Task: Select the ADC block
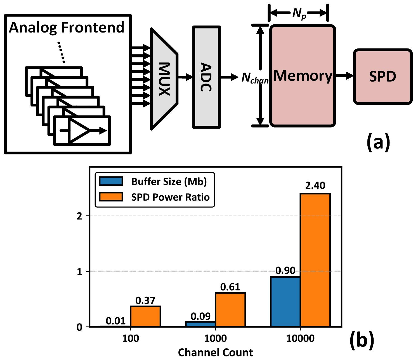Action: point(206,77)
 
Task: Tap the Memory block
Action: point(303,76)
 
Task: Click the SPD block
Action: point(383,76)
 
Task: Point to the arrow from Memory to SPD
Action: point(344,75)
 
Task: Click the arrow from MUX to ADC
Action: point(185,77)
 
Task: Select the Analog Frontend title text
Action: point(67,28)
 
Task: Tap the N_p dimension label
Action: point(299,13)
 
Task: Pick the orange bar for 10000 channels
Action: point(315,260)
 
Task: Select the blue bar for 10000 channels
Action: point(285,302)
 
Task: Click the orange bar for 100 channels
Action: point(145,316)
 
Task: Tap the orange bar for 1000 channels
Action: point(230,310)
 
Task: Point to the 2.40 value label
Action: point(315,186)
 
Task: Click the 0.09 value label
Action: point(200,316)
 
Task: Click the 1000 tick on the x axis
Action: point(215,339)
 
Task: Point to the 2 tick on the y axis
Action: point(80,216)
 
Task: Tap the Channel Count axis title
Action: point(215,353)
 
